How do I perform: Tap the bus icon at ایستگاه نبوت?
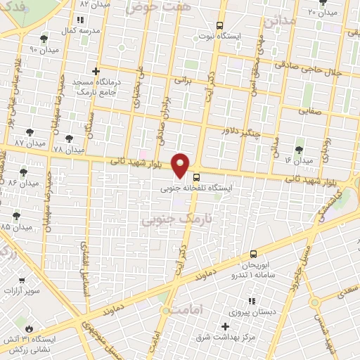220,25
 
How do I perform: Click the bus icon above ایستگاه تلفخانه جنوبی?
195,177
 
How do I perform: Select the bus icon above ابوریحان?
253,254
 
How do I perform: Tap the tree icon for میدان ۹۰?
44,39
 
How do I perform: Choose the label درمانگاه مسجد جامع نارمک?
97,86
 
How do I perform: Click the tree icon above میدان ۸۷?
29,131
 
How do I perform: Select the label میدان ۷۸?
68,150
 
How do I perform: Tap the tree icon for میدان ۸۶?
24,171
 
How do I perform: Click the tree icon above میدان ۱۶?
300,150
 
